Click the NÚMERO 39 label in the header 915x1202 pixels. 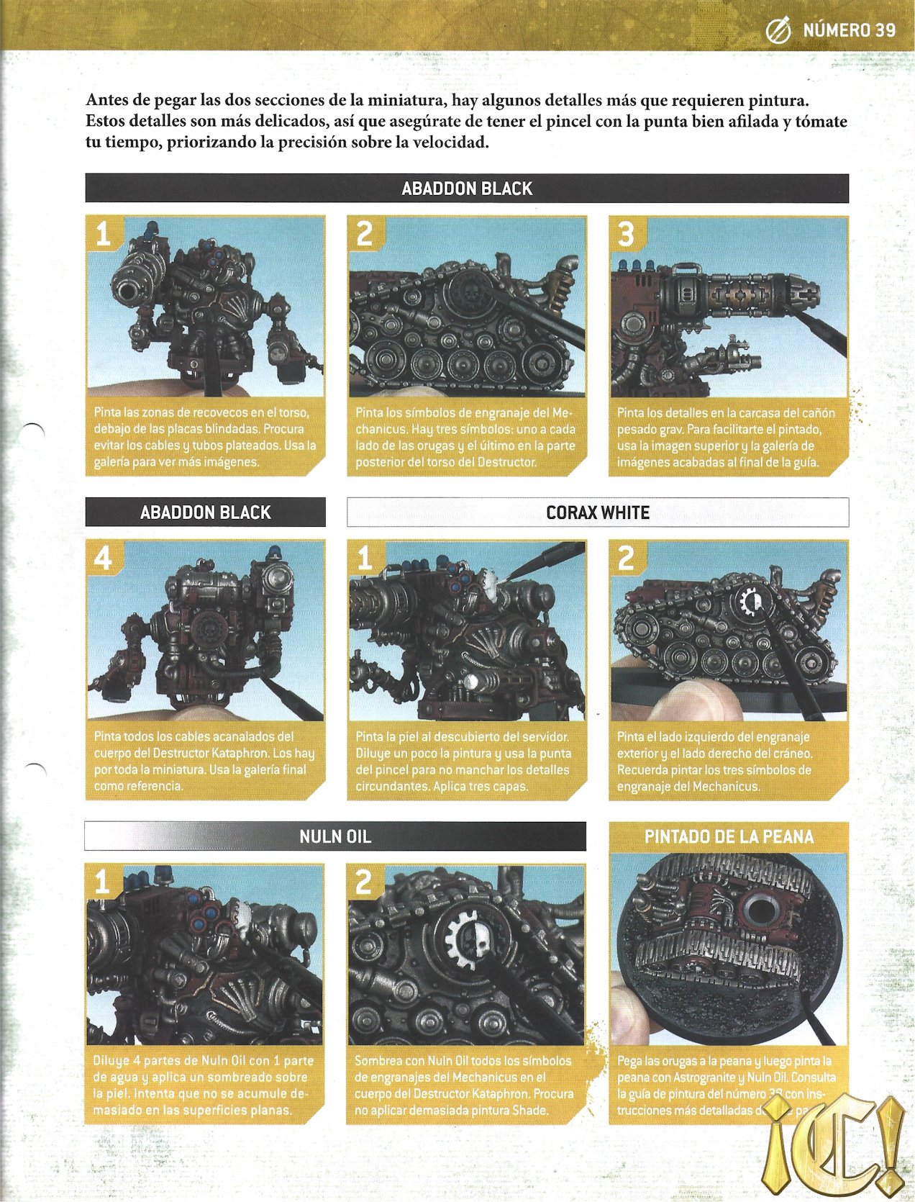click(x=849, y=30)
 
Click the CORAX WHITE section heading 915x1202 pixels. click(x=597, y=512)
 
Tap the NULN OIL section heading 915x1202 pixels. click(x=334, y=836)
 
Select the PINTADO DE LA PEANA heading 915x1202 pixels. click(x=729, y=836)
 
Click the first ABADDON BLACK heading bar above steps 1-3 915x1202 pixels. click(x=467, y=189)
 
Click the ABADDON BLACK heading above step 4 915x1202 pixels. click(x=205, y=512)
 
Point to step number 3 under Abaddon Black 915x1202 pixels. click(x=626, y=235)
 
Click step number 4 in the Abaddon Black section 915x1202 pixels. click(x=103, y=559)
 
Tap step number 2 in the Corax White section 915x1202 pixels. click(x=626, y=559)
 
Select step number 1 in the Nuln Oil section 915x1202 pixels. click(x=102, y=882)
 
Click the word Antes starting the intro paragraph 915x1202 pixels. click(x=108, y=100)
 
